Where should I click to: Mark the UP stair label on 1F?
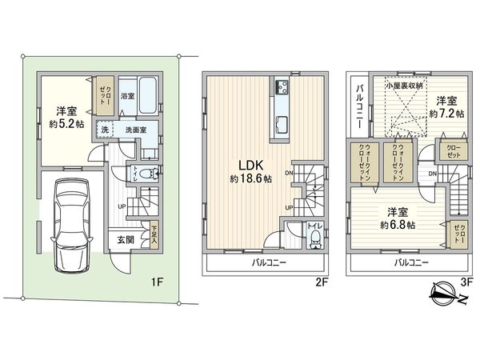[x=122, y=206]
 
